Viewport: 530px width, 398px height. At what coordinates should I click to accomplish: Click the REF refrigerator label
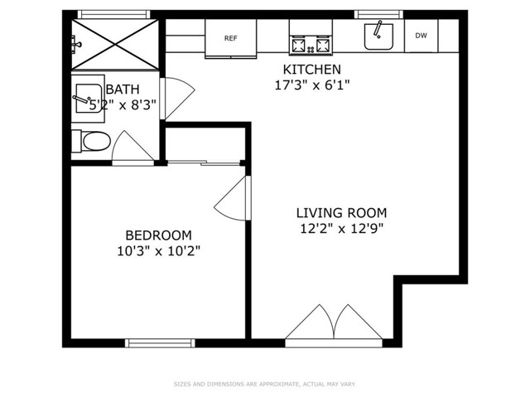tap(231, 38)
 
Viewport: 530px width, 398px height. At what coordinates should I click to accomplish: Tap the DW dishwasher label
tap(421, 35)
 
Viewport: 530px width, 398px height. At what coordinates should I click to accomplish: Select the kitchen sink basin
tap(378, 36)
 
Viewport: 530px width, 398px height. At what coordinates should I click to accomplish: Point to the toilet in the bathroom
tap(91, 141)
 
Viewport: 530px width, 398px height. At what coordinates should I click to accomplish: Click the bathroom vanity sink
tap(89, 99)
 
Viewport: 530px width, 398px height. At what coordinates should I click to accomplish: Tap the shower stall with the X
tap(115, 45)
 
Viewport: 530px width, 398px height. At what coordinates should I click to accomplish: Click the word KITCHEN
tap(311, 70)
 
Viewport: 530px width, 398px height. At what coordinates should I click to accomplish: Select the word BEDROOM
tap(158, 235)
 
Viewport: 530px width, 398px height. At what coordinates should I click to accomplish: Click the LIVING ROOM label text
tap(341, 213)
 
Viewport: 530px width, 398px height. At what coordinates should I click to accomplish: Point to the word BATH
tap(123, 90)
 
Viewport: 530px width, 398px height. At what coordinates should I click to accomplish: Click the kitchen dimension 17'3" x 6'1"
tap(311, 85)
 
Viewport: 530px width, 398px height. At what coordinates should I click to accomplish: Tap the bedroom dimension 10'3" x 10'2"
tap(158, 251)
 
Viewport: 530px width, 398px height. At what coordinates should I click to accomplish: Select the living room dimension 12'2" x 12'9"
tap(341, 229)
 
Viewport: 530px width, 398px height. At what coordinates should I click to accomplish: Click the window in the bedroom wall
tap(160, 342)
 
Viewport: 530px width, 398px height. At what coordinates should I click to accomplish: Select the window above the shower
tap(113, 14)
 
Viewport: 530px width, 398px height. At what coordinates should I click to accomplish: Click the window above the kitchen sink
tap(378, 14)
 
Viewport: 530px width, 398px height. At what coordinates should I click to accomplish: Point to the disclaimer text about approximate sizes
tap(265, 384)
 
